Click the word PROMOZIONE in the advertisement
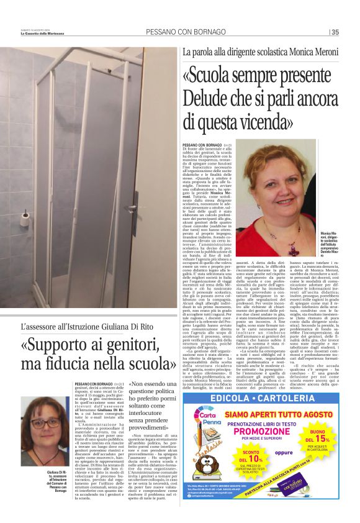tap(264, 430)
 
